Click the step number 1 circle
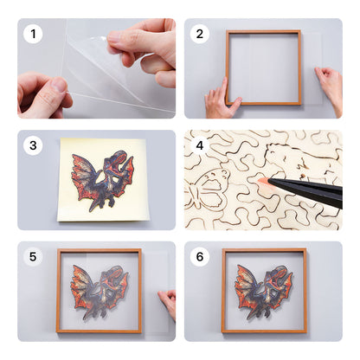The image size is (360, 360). pos(34,35)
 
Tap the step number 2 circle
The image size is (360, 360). pos(200,35)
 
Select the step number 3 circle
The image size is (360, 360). pos(34,145)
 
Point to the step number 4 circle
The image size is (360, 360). pos(200,145)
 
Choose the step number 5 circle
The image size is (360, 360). pos(34,257)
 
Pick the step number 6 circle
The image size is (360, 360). pos(200,257)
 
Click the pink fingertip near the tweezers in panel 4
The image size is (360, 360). pos(261,180)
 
